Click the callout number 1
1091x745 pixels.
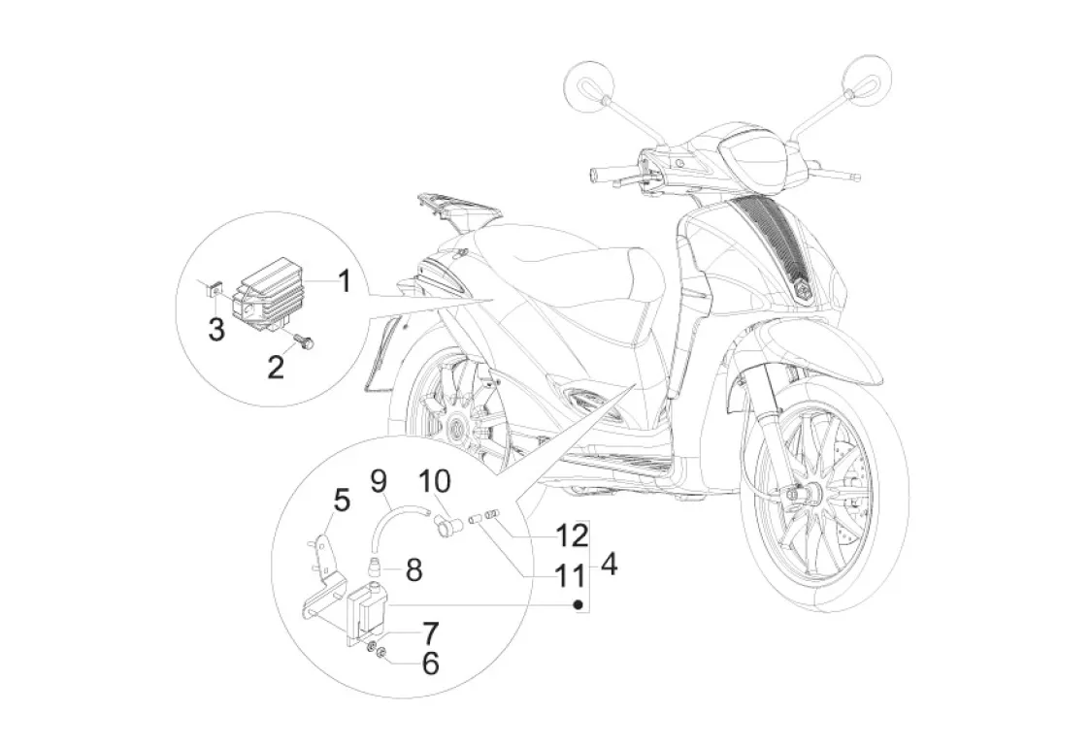[x=344, y=283]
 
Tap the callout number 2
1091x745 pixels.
[x=277, y=366]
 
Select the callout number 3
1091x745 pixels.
[x=215, y=330]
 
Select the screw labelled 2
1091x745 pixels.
[x=305, y=343]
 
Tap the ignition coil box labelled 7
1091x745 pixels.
[x=368, y=605]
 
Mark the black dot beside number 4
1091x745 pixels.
[x=579, y=603]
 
